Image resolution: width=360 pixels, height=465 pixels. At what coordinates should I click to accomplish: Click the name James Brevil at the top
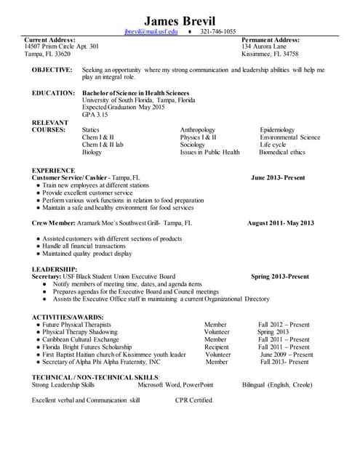click(x=180, y=20)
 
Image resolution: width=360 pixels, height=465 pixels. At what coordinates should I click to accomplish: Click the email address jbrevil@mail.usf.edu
click(x=151, y=32)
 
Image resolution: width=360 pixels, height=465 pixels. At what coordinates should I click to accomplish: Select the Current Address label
click(x=50, y=39)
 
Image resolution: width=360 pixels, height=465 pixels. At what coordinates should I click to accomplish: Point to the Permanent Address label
click(x=270, y=39)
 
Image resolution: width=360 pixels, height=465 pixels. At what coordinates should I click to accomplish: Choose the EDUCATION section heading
click(x=53, y=93)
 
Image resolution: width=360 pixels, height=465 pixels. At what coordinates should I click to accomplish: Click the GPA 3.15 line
click(x=95, y=115)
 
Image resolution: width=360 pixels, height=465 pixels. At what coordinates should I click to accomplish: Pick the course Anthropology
click(x=201, y=130)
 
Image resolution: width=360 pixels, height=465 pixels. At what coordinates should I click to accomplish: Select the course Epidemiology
click(x=277, y=130)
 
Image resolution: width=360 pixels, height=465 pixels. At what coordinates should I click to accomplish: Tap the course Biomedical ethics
click(x=282, y=153)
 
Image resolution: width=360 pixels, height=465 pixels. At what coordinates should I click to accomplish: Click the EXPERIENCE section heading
click(x=53, y=169)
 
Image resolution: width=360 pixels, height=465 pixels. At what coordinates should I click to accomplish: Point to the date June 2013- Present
click(x=278, y=177)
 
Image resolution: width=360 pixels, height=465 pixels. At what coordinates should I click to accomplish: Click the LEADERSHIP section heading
click(x=55, y=269)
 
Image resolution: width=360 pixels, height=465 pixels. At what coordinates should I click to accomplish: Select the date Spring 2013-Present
click(x=280, y=277)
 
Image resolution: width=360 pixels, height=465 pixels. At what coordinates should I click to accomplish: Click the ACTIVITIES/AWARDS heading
click(x=68, y=318)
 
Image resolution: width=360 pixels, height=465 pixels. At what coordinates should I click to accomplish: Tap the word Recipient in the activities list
click(x=217, y=347)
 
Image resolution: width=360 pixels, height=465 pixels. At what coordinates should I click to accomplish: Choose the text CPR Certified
click(x=193, y=400)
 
